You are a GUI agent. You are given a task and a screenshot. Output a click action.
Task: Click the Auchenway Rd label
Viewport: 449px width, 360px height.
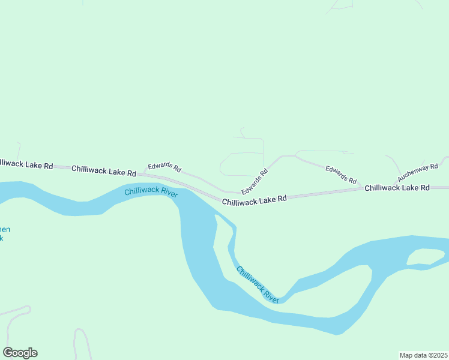click(418, 172)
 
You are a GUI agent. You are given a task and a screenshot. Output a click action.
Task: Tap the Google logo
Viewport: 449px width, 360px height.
click(20, 353)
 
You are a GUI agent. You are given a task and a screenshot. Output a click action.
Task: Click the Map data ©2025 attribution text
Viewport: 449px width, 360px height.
click(423, 355)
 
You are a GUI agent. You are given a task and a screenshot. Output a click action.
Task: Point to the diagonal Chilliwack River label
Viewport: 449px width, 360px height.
click(258, 284)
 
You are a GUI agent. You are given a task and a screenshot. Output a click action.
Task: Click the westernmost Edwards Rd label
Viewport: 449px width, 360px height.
click(164, 167)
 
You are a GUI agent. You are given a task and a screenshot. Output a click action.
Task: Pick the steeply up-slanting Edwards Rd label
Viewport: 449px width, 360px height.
click(254, 181)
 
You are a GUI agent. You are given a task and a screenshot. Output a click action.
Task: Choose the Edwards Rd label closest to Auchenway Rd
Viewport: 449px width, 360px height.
click(341, 175)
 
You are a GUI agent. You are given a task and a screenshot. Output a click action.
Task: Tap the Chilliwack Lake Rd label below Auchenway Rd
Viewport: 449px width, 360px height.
click(397, 188)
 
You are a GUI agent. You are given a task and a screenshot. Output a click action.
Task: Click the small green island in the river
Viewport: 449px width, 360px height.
click(426, 257)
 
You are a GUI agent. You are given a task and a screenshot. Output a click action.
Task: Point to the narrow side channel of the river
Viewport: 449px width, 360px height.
click(231, 252)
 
